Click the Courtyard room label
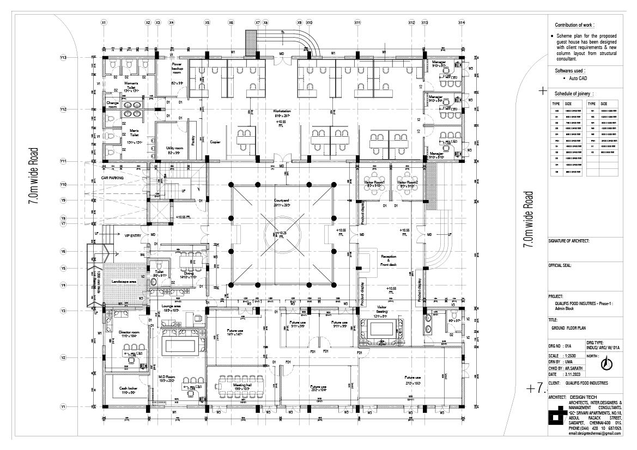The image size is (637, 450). pyautogui.click(x=282, y=200)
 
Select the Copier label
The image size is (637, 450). pyautogui.click(x=215, y=142)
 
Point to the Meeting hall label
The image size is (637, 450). pyautogui.click(x=242, y=385)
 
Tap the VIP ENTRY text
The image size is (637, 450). pyautogui.click(x=132, y=235)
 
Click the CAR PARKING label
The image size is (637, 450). pyautogui.click(x=112, y=178)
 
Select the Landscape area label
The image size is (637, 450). pyautogui.click(x=124, y=281)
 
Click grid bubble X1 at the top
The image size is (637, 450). pyautogui.click(x=104, y=22)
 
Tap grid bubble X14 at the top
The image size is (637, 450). pyautogui.click(x=462, y=22)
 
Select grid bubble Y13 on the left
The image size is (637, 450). pyautogui.click(x=63, y=57)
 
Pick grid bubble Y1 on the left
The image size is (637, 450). pyautogui.click(x=63, y=406)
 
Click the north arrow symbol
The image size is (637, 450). pyautogui.click(x=606, y=363)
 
